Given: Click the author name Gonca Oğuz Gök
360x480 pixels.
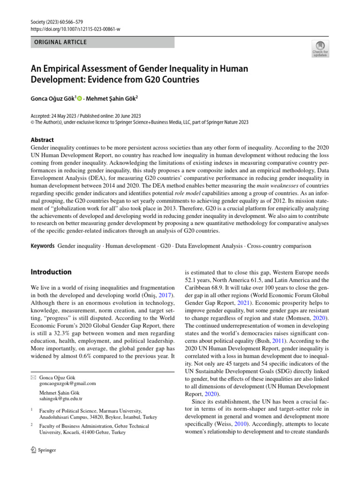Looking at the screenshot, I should (53, 98).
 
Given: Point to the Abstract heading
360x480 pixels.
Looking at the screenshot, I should (42, 140).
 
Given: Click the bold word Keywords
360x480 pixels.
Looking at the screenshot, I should (43, 246).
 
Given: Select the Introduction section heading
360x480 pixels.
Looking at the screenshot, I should (51, 272).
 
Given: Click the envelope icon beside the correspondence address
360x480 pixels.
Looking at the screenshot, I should (33, 377).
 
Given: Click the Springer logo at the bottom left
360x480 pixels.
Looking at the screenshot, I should (43, 450).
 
